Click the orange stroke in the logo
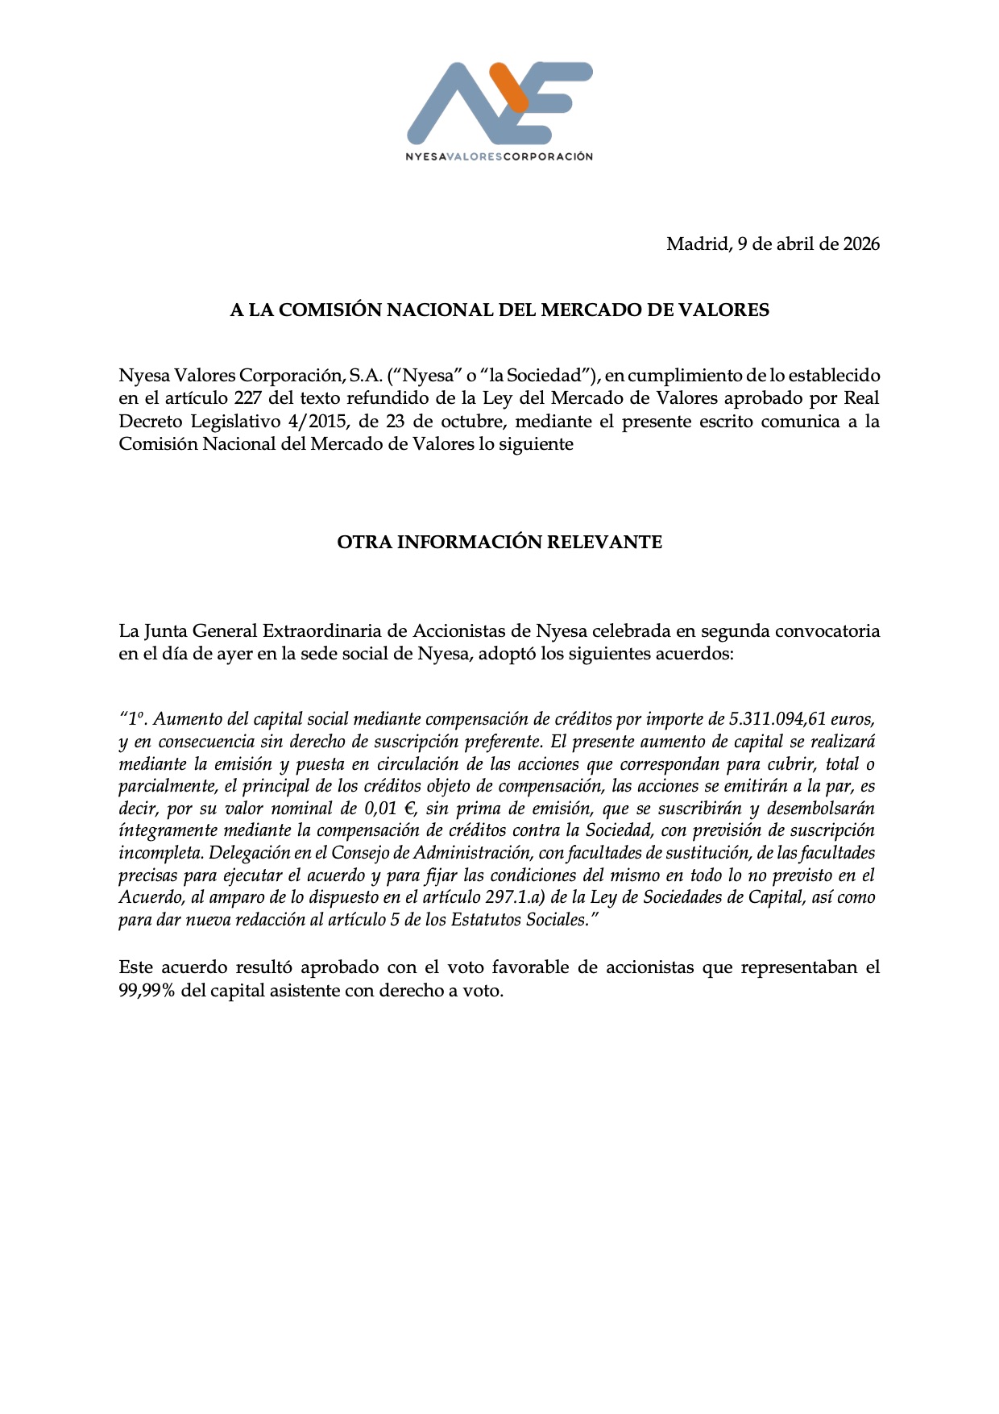(510, 87)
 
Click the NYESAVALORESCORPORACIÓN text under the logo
(499, 156)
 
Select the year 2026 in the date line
(861, 243)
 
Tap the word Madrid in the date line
(697, 243)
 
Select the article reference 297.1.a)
(515, 897)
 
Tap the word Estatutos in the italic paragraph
(487, 920)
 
